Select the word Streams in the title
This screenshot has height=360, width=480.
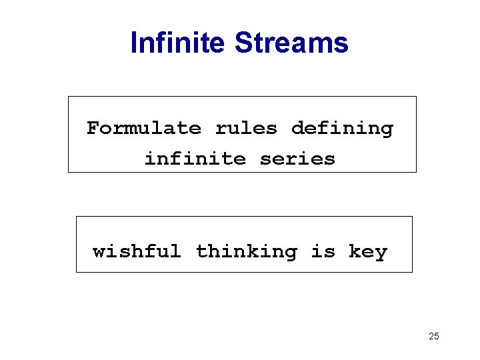[x=291, y=43]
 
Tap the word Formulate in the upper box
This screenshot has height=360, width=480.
[x=143, y=127]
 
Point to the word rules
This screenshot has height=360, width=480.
[x=246, y=127]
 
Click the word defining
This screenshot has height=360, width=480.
[x=343, y=128]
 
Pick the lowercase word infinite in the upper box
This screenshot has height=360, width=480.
[x=195, y=159]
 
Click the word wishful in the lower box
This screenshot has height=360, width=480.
[x=137, y=251]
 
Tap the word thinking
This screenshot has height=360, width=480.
[x=246, y=252]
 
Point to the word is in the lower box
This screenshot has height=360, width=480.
[x=323, y=251]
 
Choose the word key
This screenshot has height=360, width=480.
[x=368, y=252]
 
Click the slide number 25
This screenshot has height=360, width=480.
[x=434, y=336]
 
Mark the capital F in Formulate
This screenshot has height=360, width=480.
[x=93, y=127]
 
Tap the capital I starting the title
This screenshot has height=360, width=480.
[x=134, y=43]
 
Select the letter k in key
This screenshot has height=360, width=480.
[x=353, y=251]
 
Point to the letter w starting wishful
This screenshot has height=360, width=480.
[x=99, y=252]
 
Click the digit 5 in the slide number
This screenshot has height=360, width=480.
[x=437, y=336]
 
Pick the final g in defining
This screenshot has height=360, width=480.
[x=387, y=129]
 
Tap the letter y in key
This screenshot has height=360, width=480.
[x=382, y=253]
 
